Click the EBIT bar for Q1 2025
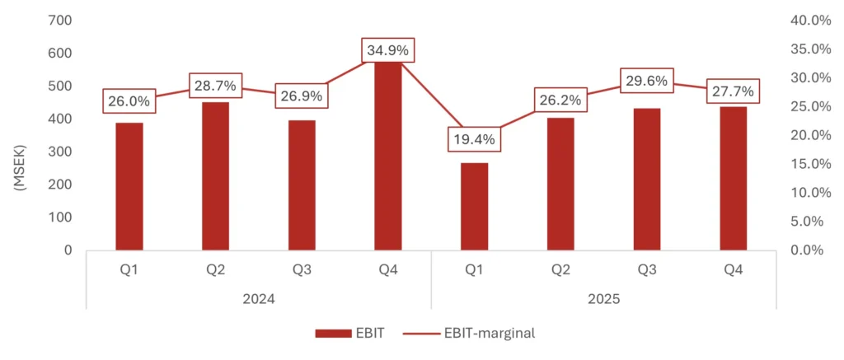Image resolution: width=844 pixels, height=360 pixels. tap(474, 207)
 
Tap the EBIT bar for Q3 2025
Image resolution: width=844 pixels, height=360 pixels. tap(647, 179)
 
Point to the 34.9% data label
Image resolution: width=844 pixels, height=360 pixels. tap(387, 50)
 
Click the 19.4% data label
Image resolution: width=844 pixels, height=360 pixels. tap(474, 139)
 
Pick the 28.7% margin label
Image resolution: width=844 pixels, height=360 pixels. tap(215, 86)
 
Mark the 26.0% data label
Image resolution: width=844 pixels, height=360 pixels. tap(129, 101)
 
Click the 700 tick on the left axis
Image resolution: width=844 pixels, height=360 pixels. tap(60, 20)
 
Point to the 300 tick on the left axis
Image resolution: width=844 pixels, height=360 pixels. tap(60, 152)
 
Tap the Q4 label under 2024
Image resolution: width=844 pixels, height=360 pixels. tap(387, 269)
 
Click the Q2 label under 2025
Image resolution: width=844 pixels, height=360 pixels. tap(560, 269)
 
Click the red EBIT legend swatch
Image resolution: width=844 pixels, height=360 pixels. tap(332, 333)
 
